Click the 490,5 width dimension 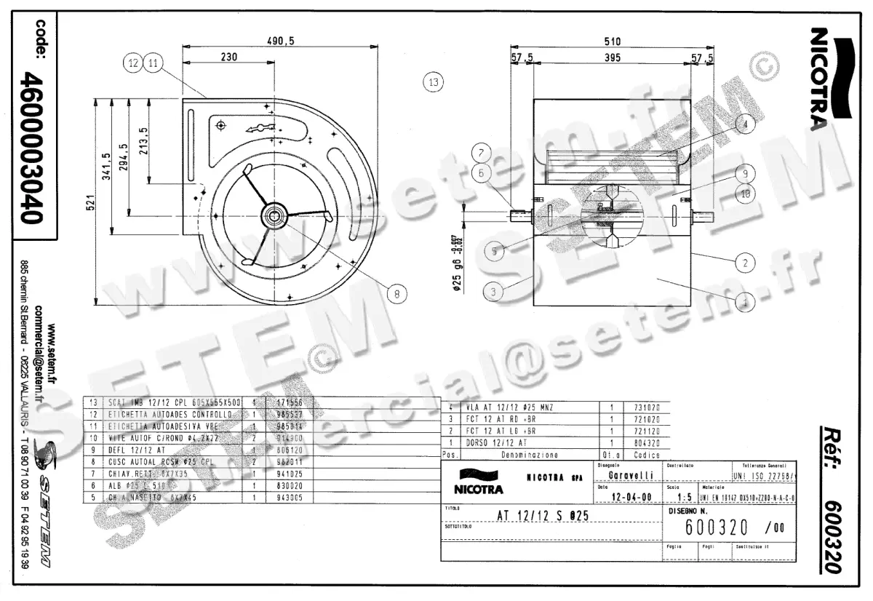point(280,41)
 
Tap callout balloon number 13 point(434,81)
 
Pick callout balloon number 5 point(495,252)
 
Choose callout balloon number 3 point(494,292)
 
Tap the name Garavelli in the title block point(629,475)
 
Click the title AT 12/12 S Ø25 point(542,515)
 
